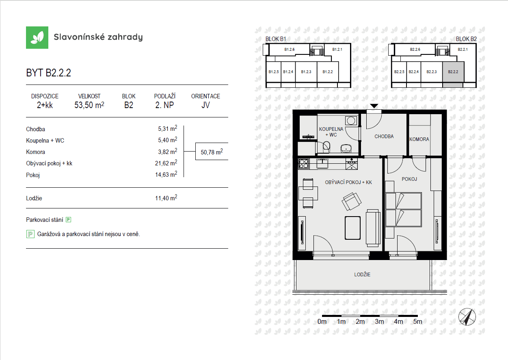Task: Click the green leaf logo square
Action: click(37, 37)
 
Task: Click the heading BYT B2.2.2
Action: click(49, 73)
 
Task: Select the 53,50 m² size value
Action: click(89, 105)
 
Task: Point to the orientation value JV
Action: click(205, 105)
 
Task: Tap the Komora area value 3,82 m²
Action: click(168, 152)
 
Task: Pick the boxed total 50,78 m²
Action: click(212, 152)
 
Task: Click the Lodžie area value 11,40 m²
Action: click(166, 198)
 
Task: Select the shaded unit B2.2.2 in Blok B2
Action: click(453, 72)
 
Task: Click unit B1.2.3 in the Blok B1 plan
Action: click(306, 72)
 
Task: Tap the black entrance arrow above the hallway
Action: click(374, 106)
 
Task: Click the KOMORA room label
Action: click(419, 139)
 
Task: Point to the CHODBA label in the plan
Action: click(384, 137)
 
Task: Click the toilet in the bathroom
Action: click(326, 147)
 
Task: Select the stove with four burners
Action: click(304, 164)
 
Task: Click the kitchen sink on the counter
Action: click(322, 163)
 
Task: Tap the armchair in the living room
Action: click(351, 202)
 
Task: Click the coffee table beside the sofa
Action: click(352, 228)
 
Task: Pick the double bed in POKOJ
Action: click(404, 210)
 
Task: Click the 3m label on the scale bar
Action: click(379, 322)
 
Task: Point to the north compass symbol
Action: click(467, 317)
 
